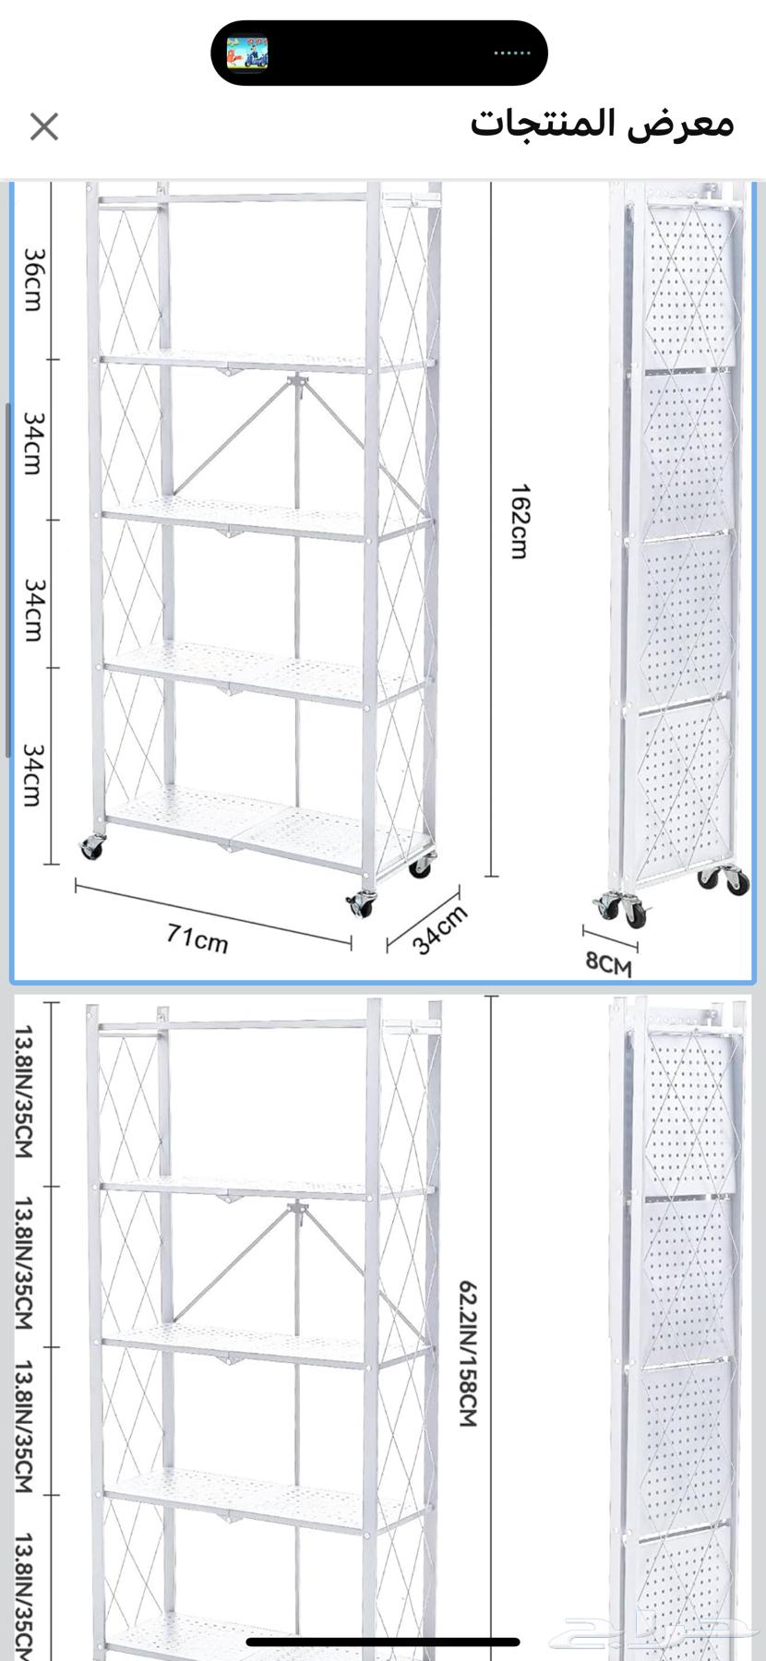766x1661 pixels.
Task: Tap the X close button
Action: pos(44,126)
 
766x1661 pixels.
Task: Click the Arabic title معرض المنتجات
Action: pos(602,124)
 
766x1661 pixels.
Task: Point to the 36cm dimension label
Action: pos(32,279)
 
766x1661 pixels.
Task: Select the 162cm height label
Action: pos(520,521)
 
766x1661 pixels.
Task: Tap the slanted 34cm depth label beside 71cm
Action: pos(439,929)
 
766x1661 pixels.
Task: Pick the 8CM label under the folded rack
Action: pos(609,963)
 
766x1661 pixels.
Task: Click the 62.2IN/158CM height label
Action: pos(468,1354)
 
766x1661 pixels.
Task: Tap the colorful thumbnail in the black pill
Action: pos(247,54)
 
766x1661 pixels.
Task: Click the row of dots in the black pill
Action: pos(512,54)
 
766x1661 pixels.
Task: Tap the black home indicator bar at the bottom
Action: pos(383,1642)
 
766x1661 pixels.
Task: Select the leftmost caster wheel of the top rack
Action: pos(92,846)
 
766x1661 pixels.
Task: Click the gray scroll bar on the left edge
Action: pos(7,581)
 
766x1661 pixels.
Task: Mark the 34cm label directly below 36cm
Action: pos(32,443)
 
